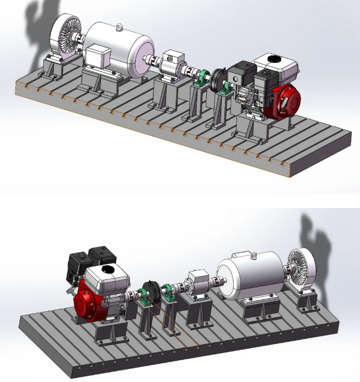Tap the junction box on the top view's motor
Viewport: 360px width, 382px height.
click(99, 57)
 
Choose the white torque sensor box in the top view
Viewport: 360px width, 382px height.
click(173, 60)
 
